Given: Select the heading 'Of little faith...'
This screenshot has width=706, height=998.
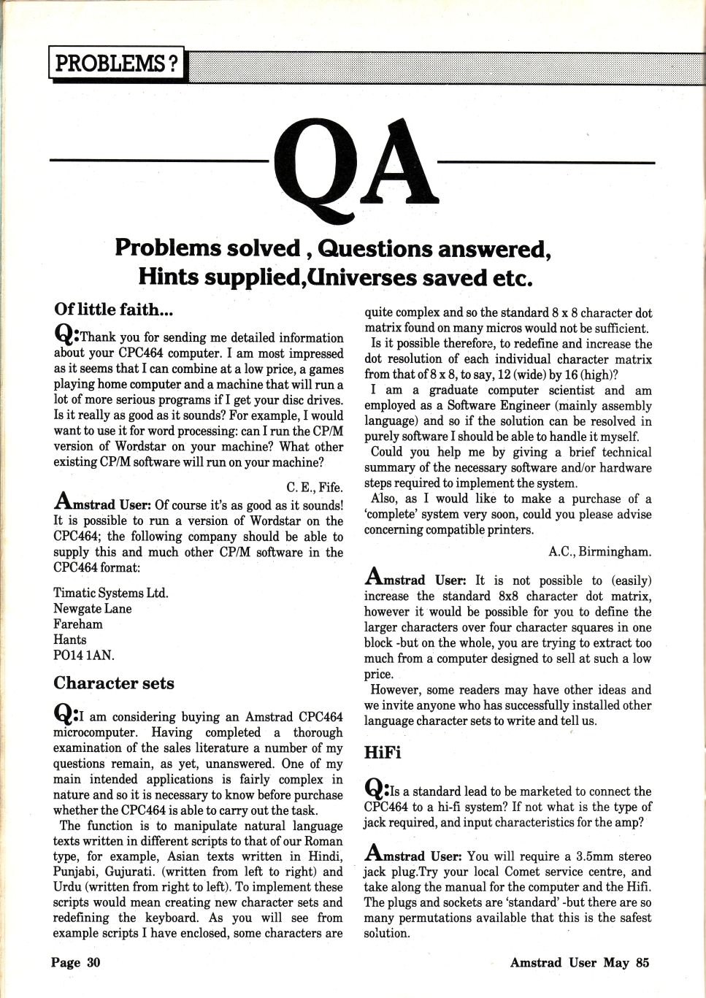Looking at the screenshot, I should point(113,310).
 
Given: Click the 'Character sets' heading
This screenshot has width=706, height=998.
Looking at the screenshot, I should point(114,683).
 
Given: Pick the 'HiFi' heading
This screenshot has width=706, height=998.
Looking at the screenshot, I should point(383,751).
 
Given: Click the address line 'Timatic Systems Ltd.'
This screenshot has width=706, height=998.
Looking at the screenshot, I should point(111,593).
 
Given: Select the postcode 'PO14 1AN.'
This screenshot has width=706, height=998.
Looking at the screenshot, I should point(84,655).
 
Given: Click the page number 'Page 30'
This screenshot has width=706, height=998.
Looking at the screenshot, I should point(75,962).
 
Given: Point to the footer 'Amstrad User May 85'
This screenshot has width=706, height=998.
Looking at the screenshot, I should point(579,962).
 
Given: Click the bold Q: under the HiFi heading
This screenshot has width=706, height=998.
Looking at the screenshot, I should point(377,789).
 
